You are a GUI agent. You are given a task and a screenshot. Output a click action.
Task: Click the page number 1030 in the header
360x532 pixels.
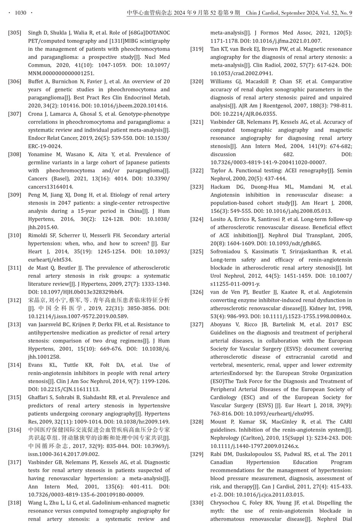pos(21,13)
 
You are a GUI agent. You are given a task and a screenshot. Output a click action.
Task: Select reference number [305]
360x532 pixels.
pos(14,33)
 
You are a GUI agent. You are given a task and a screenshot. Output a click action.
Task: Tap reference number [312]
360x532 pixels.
pos(14,300)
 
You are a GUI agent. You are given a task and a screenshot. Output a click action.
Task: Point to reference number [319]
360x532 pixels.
pos(197,49)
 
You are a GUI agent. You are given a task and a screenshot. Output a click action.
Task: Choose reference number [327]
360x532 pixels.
pos(197,325)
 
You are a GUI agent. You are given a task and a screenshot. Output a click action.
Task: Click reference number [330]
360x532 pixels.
pos(197,503)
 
